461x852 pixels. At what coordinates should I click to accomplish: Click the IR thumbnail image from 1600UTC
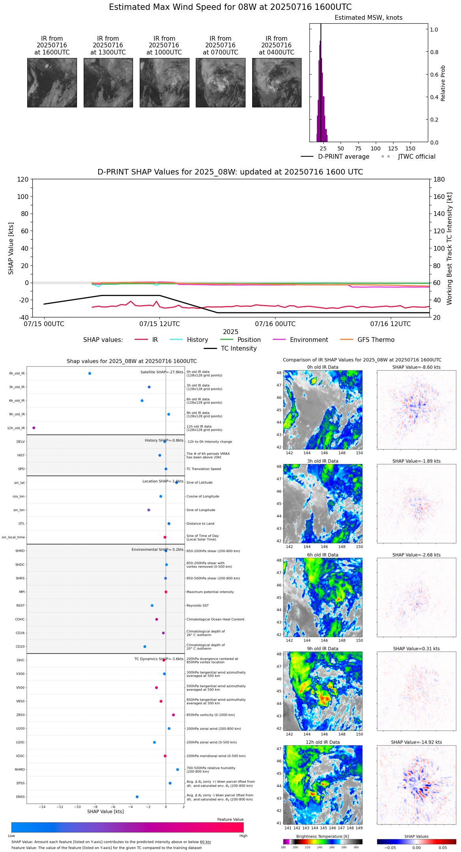click(52, 83)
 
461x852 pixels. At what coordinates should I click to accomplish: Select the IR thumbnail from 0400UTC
click(277, 83)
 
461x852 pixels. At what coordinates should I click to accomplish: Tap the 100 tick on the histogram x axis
click(375, 148)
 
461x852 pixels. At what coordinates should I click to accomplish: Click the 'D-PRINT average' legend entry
click(343, 157)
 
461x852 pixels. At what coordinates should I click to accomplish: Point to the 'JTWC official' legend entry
click(416, 157)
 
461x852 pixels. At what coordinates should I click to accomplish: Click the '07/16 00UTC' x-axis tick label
click(275, 324)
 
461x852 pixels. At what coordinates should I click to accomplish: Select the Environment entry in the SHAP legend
click(309, 340)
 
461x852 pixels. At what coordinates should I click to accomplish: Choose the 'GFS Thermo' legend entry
click(376, 340)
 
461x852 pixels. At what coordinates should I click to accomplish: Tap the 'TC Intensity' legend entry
click(238, 349)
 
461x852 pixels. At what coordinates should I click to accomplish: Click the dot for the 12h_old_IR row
click(34, 428)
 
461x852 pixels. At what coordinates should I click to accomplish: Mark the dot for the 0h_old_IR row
click(90, 373)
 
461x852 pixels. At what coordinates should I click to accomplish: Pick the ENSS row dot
click(137, 797)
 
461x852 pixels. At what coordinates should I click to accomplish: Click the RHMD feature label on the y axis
click(20, 769)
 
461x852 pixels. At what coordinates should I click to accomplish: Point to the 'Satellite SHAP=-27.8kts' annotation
click(162, 372)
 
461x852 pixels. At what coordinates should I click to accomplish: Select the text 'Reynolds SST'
click(197, 606)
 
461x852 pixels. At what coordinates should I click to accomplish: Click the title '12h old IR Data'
click(322, 742)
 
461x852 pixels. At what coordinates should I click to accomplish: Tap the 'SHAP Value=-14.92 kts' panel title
click(416, 742)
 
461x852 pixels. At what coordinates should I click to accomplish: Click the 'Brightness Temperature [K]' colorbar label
click(322, 836)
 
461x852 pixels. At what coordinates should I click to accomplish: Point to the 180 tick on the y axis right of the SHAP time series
click(439, 180)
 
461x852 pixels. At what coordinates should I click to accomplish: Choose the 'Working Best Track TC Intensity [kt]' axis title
click(450, 249)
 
